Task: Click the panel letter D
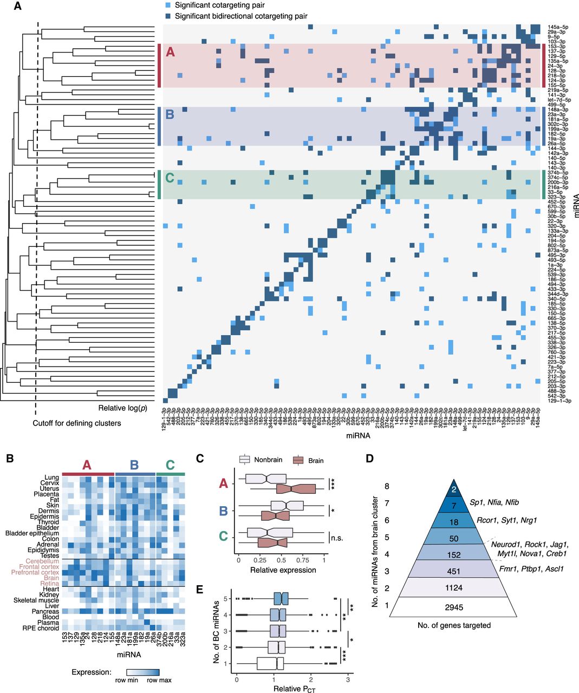370,458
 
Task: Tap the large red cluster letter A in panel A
170,53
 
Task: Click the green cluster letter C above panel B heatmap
170,465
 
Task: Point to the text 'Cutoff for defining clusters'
77,423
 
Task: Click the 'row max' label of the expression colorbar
159,680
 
